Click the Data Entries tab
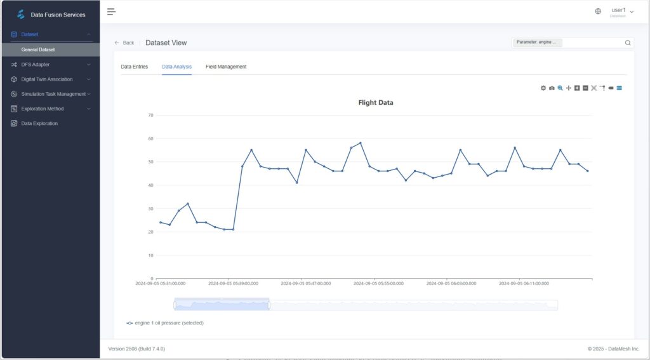[135, 67]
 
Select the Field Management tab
[226, 67]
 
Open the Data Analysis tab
[176, 67]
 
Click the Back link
[124, 43]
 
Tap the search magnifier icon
[628, 43]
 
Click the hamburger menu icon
[111, 11]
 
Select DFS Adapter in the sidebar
[36, 64]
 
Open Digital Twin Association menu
[47, 79]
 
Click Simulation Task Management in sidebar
[53, 94]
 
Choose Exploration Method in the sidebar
[43, 109]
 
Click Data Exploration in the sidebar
[39, 123]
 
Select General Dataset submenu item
[38, 50]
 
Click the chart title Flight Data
[376, 102]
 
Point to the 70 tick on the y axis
[150, 115]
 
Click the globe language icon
[598, 11]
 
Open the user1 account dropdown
[621, 11]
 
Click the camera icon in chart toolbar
[552, 88]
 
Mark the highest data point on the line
[361, 143]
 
